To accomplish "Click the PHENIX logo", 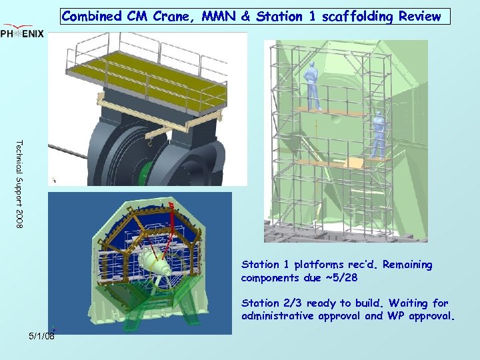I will point(23,33).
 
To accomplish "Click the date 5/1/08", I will point(41,337).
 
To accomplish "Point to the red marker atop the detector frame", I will point(171,206).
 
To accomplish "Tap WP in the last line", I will point(397,316).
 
